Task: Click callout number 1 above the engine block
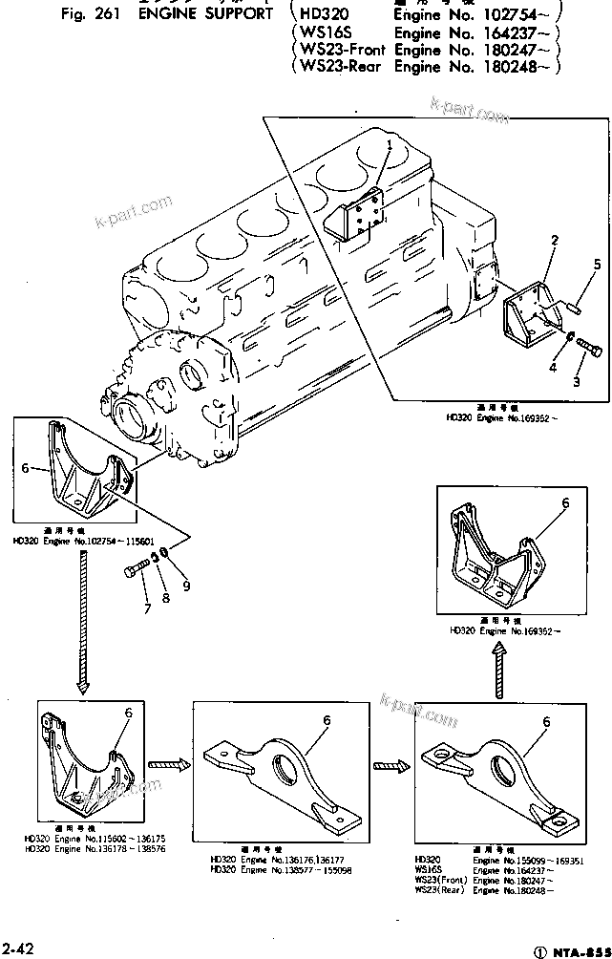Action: pos(390,144)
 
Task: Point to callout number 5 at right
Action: pos(597,264)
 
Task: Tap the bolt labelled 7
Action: pos(135,572)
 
